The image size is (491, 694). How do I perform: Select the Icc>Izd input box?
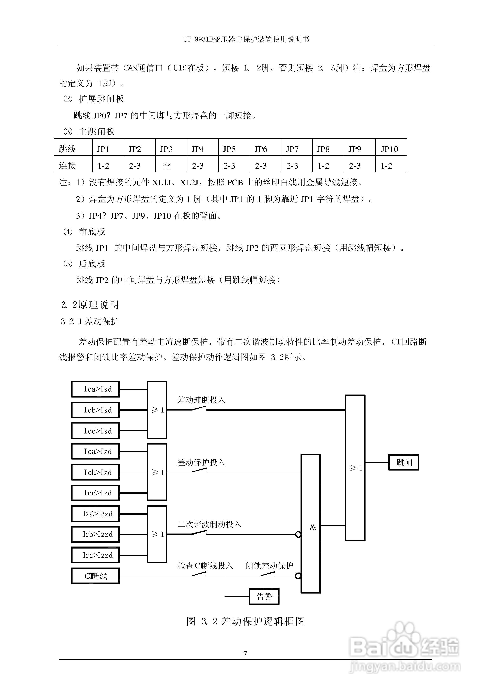click(x=96, y=493)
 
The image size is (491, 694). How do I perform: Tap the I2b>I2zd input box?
click(x=96, y=534)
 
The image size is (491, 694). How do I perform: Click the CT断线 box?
click(x=96, y=576)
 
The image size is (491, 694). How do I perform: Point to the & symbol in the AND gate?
click(x=313, y=528)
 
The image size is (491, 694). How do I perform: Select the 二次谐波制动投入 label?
click(x=209, y=524)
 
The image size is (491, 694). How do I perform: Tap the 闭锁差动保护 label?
click(x=269, y=565)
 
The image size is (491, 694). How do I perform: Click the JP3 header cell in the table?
click(x=166, y=149)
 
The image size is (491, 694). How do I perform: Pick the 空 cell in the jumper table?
click(x=167, y=165)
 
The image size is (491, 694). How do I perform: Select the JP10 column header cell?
click(x=389, y=149)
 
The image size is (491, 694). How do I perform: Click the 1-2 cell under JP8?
click(x=323, y=166)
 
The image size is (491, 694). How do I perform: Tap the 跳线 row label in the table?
click(x=67, y=149)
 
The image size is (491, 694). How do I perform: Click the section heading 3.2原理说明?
click(x=90, y=305)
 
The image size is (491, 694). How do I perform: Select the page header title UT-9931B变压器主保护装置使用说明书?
click(x=245, y=39)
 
